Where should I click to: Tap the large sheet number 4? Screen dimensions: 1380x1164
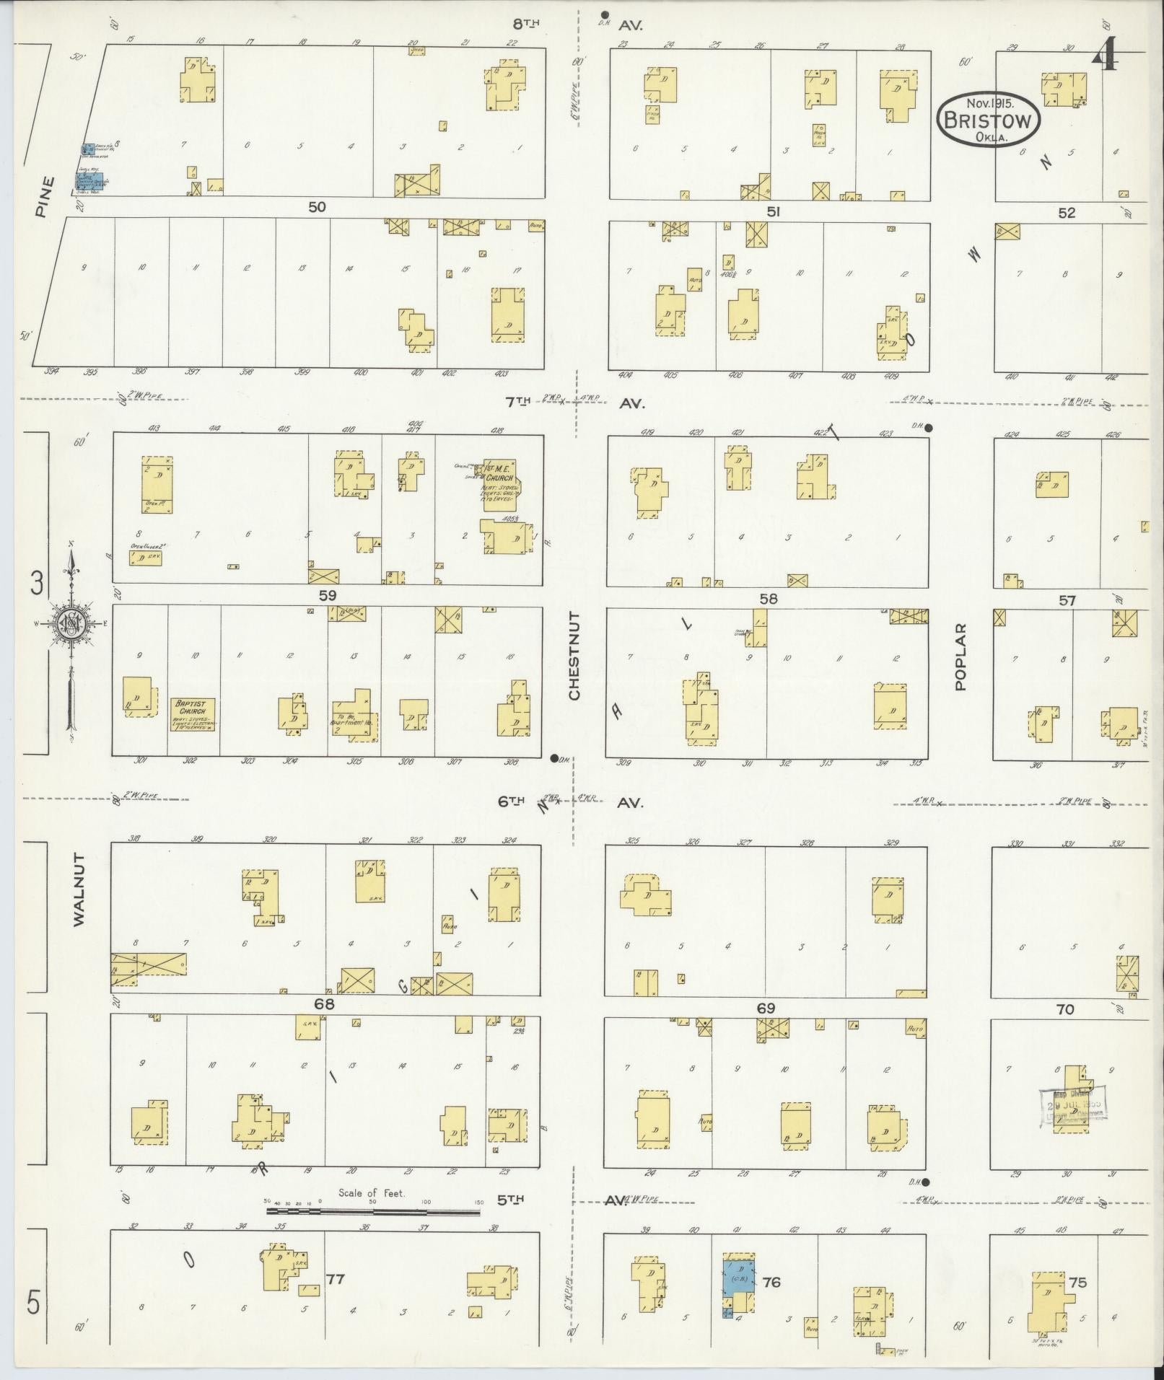coord(1105,55)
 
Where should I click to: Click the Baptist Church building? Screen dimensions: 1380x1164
coord(194,714)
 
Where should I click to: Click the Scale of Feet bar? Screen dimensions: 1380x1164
coord(372,1211)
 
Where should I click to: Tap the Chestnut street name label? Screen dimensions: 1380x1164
coord(574,656)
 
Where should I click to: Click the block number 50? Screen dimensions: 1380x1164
coord(317,207)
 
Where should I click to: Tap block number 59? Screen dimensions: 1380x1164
coord(328,595)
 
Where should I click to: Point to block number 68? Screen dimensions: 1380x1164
coord(324,1003)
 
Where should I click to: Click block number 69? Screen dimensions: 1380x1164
coord(765,1008)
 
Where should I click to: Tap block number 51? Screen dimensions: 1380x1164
coord(774,211)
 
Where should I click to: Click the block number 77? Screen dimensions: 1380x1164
coord(336,1279)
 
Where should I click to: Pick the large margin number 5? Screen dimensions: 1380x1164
coord(33,1304)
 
